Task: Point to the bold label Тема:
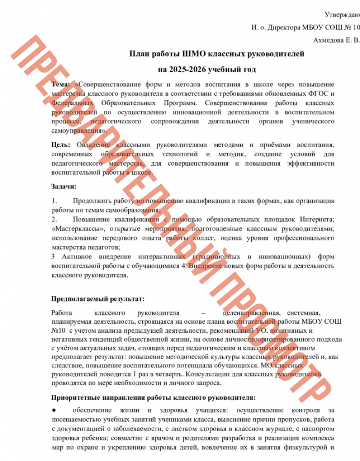(x=61, y=84)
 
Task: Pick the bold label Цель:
(x=61, y=145)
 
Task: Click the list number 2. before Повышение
(x=54, y=219)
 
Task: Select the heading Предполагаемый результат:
(x=98, y=298)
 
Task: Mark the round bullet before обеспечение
(x=54, y=411)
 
